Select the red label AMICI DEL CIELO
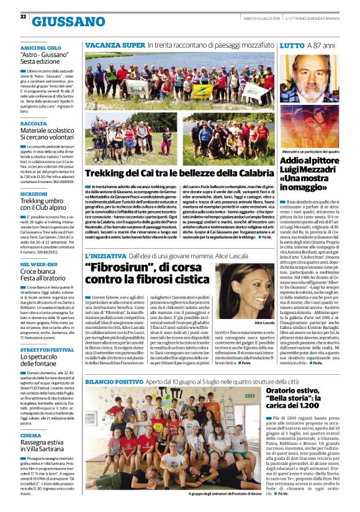coord(40,47)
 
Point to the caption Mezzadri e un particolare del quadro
coord(310,151)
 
